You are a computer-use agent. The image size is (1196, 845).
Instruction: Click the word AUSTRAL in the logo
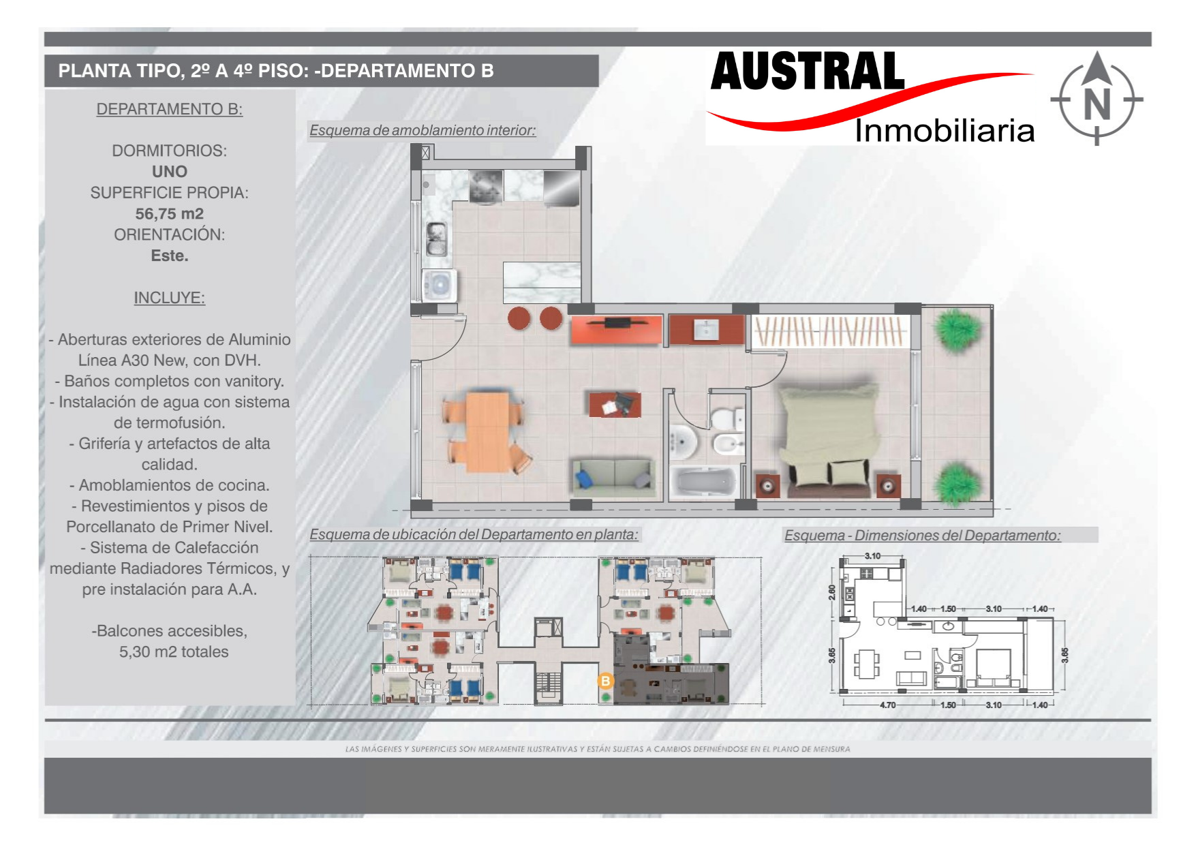[808, 72]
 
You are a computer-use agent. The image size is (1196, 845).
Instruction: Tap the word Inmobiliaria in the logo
[945, 130]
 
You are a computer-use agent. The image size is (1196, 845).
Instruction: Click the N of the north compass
[1097, 105]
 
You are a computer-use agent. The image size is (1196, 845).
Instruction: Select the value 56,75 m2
[169, 214]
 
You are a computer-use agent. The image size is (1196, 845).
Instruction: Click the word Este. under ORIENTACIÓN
[169, 256]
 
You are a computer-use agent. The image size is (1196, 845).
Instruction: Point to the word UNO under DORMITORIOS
[169, 172]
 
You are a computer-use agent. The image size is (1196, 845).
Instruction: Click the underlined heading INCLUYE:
[169, 298]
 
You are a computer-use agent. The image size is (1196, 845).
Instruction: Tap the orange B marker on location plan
[605, 680]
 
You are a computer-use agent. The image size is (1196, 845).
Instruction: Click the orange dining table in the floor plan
[487, 431]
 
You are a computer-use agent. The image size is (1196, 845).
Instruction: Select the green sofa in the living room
[613, 476]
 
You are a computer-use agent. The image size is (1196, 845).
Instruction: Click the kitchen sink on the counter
[437, 239]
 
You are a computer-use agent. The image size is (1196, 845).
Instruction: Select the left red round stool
[519, 318]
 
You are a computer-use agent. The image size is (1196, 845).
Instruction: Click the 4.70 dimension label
[887, 705]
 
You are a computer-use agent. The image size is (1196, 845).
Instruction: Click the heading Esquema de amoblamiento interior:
[423, 130]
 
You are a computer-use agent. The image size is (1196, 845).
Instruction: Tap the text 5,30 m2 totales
[174, 652]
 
